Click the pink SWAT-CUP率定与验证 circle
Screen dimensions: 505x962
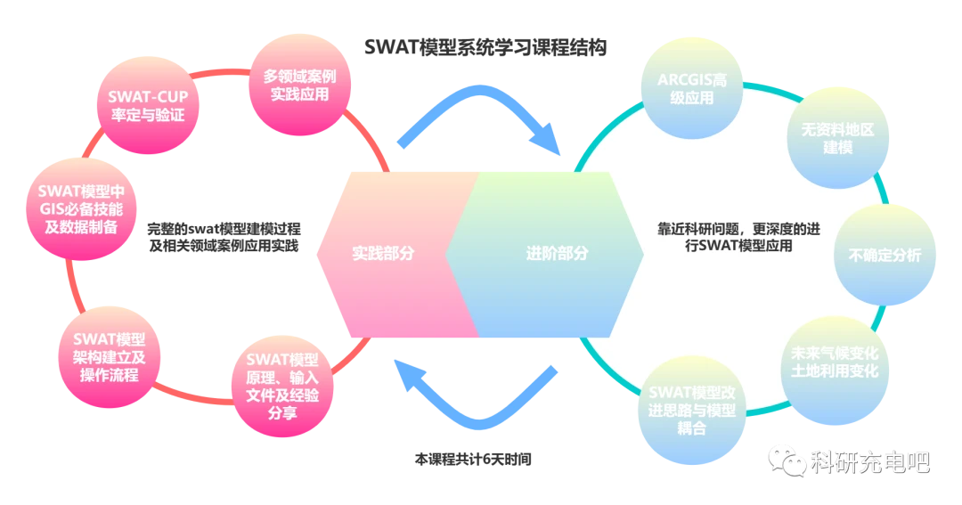click(x=146, y=106)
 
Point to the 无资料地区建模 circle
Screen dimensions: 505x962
click(x=837, y=138)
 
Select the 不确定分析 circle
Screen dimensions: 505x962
click(x=885, y=255)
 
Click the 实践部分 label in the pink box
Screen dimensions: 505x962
click(x=383, y=253)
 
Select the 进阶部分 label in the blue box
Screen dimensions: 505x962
click(x=557, y=253)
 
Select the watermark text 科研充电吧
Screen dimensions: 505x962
click(x=869, y=462)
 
